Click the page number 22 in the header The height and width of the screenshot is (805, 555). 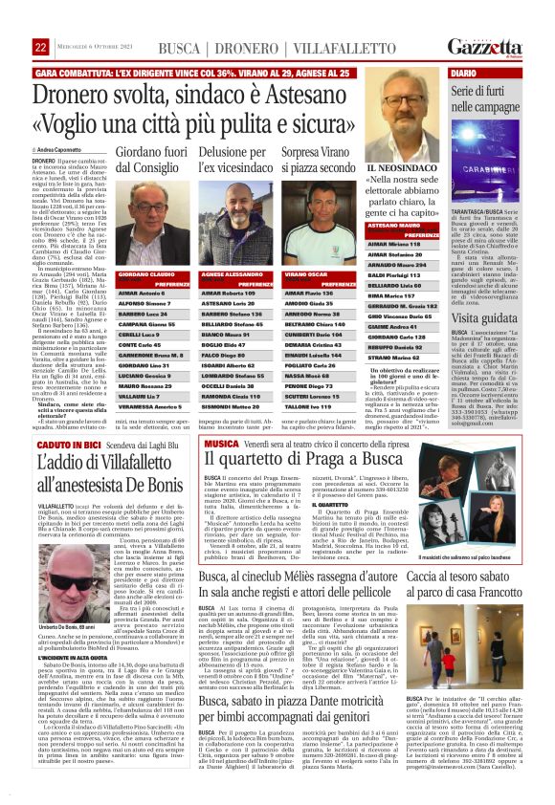(40, 47)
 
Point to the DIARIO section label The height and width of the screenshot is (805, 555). (464, 73)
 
